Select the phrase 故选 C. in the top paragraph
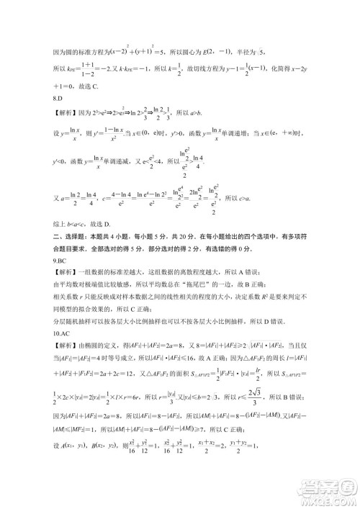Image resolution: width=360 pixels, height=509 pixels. pyautogui.click(x=99, y=86)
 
